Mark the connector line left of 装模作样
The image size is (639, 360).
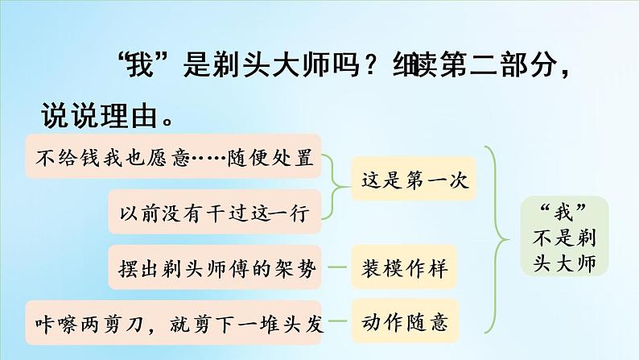coord(339,267)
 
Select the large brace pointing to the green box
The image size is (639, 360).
coord(498,238)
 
